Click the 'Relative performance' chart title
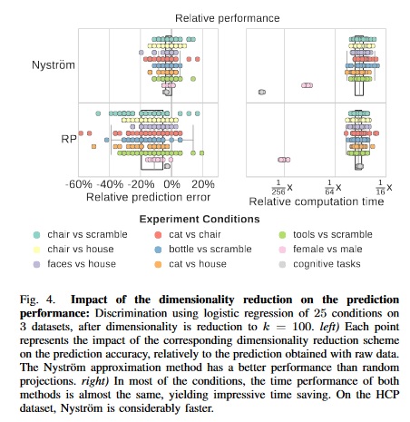(x=215, y=17)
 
